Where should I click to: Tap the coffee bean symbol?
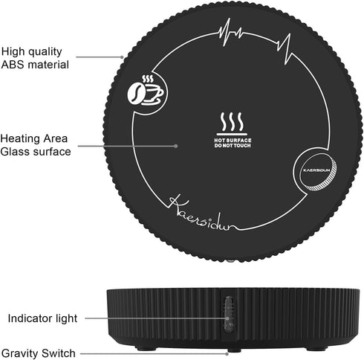point(135,93)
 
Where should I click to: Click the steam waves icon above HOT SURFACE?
point(232,123)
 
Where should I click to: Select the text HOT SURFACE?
point(233,141)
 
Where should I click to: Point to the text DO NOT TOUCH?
point(233,146)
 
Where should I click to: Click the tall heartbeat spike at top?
point(226,32)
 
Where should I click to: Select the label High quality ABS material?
point(35,58)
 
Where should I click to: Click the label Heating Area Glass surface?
point(36,145)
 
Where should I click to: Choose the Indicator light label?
point(42,318)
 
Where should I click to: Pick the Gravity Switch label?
point(38,353)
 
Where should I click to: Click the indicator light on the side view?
point(228,314)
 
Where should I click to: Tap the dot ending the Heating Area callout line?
point(176,146)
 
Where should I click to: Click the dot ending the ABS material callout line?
point(122,57)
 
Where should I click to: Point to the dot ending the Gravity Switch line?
point(227,354)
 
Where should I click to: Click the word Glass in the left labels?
point(16,152)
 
